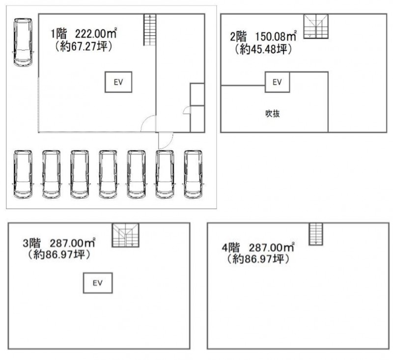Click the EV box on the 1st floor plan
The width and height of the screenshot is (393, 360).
coord(118,82)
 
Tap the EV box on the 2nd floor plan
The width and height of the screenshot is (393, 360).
coord(277,82)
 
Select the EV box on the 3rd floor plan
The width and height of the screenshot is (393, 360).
coord(98,283)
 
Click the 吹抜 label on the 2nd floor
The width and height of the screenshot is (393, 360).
coord(273,114)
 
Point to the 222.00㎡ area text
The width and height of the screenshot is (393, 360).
coord(96,33)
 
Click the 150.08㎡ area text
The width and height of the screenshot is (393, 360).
coord(276,36)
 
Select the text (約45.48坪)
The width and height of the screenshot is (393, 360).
coord(263,49)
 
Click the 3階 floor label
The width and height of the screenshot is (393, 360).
coord(31,243)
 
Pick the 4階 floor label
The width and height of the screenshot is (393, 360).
coord(230,248)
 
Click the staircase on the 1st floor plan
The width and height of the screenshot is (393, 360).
coord(150,30)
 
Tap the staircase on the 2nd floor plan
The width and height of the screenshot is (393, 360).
coord(316,27)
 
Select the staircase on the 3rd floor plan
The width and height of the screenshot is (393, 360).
coord(125,235)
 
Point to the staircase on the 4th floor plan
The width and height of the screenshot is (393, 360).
coord(316,234)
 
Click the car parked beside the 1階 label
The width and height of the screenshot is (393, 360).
coord(23,42)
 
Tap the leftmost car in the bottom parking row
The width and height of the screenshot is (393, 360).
coord(23,174)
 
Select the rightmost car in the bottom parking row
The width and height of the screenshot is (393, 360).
coord(193,174)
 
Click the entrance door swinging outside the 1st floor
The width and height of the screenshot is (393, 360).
coord(166,140)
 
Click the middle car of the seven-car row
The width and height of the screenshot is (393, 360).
coord(108,174)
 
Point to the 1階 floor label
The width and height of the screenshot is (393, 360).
coord(58,33)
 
